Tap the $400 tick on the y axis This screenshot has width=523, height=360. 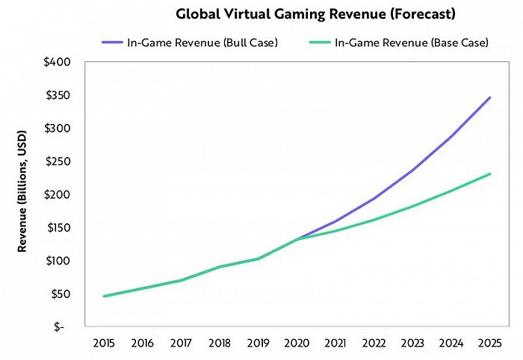click(x=59, y=61)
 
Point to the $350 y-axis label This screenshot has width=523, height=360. click(x=59, y=95)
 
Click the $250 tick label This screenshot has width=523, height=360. click(x=59, y=161)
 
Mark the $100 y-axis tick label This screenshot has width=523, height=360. click(x=59, y=261)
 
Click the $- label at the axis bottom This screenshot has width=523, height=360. click(x=65, y=327)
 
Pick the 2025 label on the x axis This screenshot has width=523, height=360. click(x=489, y=344)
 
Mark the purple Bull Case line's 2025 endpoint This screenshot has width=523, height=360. click(x=489, y=97)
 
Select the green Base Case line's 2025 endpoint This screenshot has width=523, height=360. click(x=489, y=174)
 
